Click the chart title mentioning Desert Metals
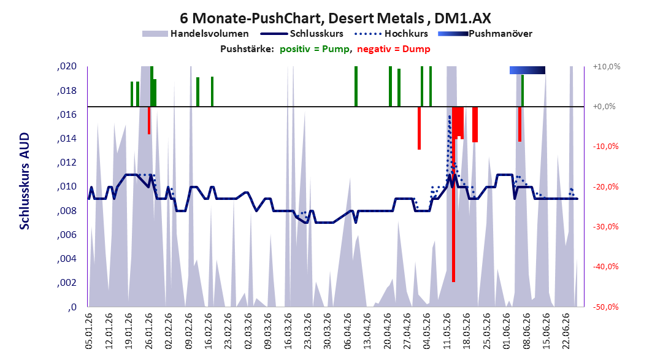[x=335, y=18]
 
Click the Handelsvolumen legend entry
[x=195, y=33]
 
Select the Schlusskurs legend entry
[x=302, y=33]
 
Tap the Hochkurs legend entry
[x=391, y=33]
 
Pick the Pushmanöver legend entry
[x=485, y=33]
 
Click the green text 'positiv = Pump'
[x=315, y=49]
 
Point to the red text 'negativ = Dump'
[x=394, y=49]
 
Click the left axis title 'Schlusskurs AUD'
[x=25, y=181]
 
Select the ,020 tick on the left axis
[x=67, y=66]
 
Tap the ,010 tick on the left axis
[x=67, y=186]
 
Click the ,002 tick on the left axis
[x=67, y=283]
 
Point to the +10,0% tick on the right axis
[x=607, y=67]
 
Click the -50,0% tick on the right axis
[x=606, y=307]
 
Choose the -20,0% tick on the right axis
[x=606, y=186]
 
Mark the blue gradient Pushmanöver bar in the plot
[x=527, y=70]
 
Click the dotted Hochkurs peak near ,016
[x=450, y=117]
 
